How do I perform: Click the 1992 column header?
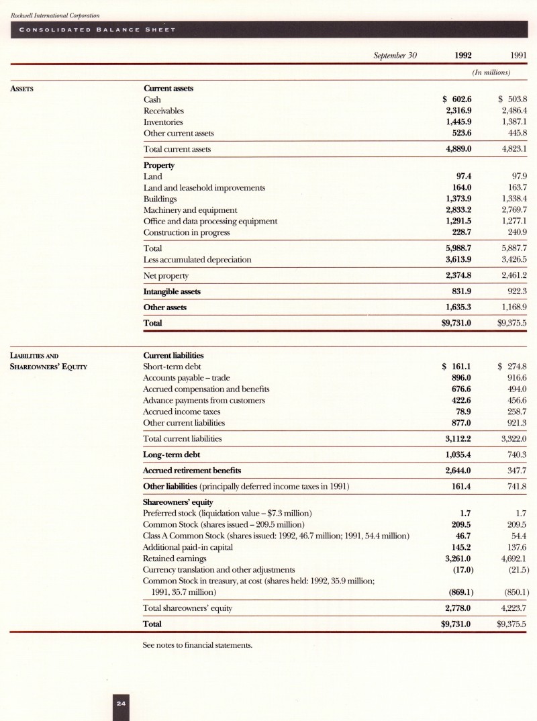(x=463, y=56)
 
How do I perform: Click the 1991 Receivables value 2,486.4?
(x=513, y=111)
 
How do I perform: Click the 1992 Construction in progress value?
(x=462, y=232)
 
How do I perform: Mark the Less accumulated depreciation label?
(x=198, y=259)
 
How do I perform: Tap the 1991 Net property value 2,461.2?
(x=513, y=275)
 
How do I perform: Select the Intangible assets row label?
(x=172, y=291)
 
